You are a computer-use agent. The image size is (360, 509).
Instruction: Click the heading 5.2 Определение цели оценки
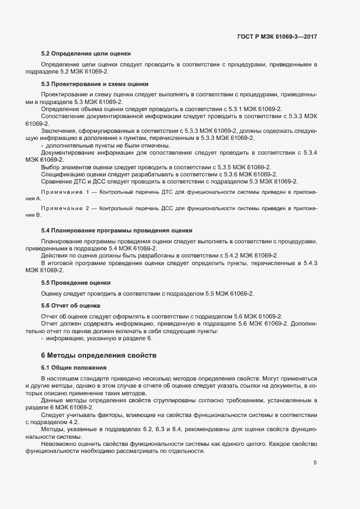86,54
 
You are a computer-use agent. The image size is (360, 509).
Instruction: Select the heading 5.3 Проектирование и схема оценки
95,84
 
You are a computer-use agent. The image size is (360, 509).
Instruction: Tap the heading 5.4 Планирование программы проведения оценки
117,231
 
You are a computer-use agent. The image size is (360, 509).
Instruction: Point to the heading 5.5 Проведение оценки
76,283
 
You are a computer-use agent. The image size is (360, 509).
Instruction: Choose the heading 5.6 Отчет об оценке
71,306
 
